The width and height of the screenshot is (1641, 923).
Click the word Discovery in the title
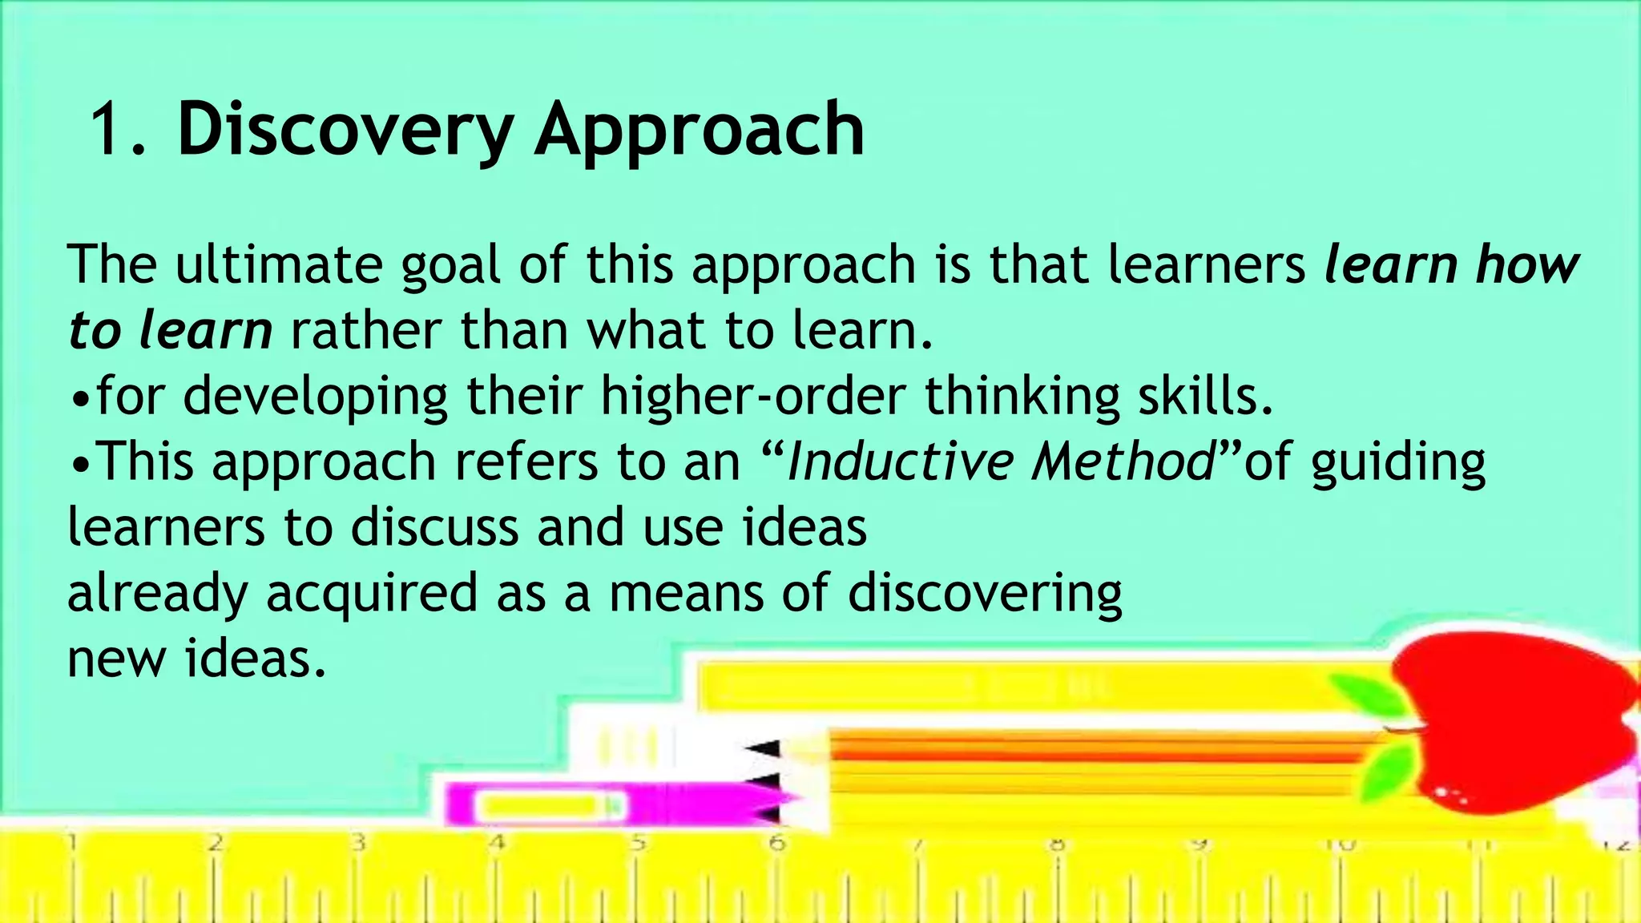[x=345, y=130]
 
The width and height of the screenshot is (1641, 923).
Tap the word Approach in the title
[x=700, y=130]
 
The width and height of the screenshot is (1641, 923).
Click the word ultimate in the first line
[x=278, y=264]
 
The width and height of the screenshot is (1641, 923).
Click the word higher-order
[x=753, y=396]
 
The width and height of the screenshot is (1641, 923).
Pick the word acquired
[x=372, y=595]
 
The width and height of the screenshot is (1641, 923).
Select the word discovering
[x=985, y=595]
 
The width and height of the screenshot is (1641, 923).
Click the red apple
[x=1514, y=721]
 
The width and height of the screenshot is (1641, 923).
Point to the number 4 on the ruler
[x=497, y=844]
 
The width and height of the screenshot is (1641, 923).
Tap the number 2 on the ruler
[x=215, y=844]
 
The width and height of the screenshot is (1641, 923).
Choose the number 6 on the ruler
[x=776, y=844]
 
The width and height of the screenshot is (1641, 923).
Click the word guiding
[x=1398, y=463]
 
